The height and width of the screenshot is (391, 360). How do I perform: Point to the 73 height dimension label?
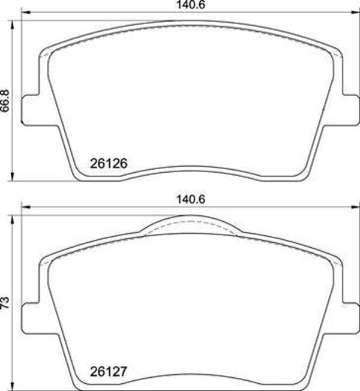(5, 301)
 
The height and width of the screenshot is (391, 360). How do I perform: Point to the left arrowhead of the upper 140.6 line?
(25, 12)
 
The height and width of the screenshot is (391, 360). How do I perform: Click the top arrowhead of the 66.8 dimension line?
(13, 23)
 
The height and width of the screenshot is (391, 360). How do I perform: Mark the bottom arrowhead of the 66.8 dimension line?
(13, 177)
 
